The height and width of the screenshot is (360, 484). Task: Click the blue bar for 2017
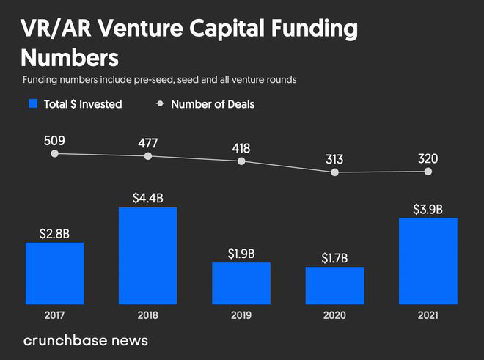coord(55,273)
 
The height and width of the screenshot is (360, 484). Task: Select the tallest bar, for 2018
coord(148,255)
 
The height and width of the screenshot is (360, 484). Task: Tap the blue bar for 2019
coord(241,283)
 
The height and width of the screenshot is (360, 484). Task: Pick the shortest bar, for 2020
coord(335,285)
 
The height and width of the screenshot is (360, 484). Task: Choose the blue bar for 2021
coord(428,261)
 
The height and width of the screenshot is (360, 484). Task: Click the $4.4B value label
coord(148,198)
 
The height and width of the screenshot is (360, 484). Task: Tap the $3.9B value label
coord(428,209)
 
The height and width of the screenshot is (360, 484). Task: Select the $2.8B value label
coord(55,234)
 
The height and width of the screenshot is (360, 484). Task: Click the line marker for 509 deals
coord(55,153)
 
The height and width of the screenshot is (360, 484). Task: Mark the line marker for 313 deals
coord(335,172)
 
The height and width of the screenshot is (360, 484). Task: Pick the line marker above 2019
coord(241,161)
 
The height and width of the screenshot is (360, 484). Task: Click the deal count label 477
coord(148,142)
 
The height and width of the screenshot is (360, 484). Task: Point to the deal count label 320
coord(428,158)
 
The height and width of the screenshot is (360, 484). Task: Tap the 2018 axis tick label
coord(148,315)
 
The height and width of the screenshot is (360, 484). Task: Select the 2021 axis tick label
coord(428,315)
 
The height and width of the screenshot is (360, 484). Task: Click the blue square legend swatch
coord(32,104)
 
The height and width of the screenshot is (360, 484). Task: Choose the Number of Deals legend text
coord(213,104)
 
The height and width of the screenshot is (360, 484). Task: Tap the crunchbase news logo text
coord(86,340)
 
